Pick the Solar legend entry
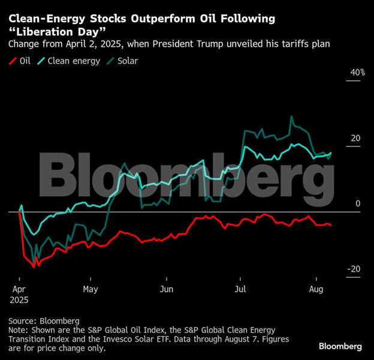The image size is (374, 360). point(123,61)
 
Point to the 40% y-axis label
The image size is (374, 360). point(357,73)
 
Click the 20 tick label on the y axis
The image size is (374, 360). point(355,138)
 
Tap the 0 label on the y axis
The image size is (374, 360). point(358,204)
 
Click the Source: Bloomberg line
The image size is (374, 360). point(44,320)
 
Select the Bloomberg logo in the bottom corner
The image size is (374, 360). point(340,346)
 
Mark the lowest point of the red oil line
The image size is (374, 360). point(35,266)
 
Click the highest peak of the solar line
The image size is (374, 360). point(291,117)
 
